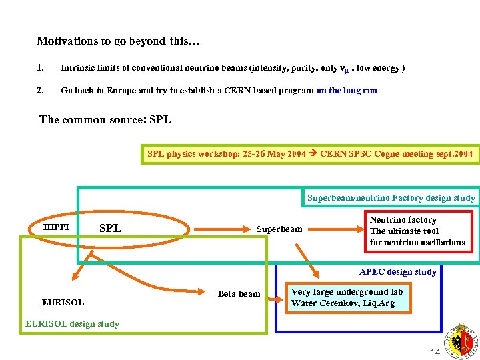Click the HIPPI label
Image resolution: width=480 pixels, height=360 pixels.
56,227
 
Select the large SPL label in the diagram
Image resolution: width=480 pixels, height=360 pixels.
110,228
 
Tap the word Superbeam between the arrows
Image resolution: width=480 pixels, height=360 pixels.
279,229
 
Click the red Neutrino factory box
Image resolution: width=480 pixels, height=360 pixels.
417,231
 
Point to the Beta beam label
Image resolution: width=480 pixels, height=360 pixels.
239,293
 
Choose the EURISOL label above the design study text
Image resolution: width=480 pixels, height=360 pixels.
63,302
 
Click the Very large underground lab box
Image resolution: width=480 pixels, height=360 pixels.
347,297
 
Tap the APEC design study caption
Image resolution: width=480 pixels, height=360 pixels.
397,271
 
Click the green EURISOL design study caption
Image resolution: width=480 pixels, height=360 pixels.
72,324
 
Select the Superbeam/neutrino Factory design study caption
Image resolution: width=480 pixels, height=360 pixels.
391,197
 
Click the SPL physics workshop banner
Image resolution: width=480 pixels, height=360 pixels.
309,154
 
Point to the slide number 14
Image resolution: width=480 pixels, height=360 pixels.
435,352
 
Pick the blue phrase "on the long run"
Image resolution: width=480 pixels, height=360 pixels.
347,90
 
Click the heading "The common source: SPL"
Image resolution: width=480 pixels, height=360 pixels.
105,120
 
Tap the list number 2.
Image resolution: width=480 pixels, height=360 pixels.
41,90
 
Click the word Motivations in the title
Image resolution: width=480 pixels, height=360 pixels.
67,41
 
